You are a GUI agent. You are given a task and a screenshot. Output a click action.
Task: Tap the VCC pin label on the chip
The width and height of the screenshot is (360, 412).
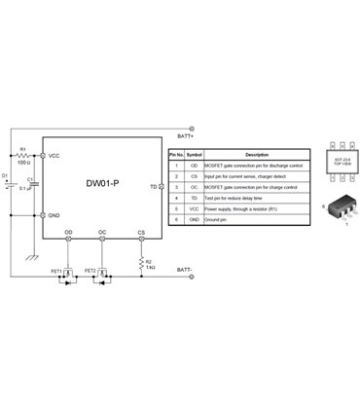(x=54, y=156)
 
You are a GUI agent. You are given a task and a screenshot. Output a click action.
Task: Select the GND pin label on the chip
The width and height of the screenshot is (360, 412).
(x=54, y=214)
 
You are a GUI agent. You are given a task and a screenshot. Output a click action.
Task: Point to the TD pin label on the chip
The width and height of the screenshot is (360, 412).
(x=153, y=184)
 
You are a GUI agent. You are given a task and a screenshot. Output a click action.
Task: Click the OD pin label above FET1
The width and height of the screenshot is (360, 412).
(x=68, y=233)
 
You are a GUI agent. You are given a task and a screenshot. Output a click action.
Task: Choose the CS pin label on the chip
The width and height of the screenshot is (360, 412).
(x=142, y=233)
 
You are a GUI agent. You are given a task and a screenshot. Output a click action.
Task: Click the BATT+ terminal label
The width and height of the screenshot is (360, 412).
(x=186, y=135)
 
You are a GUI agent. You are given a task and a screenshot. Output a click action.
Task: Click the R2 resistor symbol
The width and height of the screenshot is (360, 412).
(x=142, y=262)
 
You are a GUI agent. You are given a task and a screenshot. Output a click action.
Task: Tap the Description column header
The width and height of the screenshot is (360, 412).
(x=256, y=155)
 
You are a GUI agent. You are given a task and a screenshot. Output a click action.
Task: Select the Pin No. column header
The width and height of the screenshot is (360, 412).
(x=176, y=155)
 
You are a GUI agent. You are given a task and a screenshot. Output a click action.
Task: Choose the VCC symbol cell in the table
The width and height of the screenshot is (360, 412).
(x=195, y=208)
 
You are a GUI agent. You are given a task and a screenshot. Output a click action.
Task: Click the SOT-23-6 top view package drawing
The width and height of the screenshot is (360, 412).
(x=328, y=163)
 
